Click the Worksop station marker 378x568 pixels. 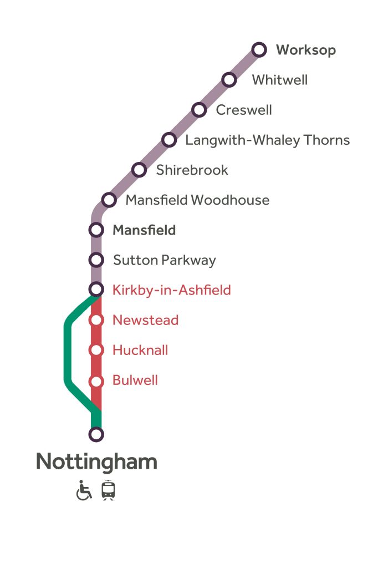coord(259,50)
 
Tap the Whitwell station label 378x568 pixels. coord(279,80)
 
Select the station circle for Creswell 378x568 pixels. coord(199,110)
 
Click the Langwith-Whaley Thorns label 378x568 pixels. coord(267,140)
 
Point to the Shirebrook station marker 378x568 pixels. coord(139,170)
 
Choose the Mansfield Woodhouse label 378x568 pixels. coord(197,200)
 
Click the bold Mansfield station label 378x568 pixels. coord(144,230)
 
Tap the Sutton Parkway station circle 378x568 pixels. coord(96,260)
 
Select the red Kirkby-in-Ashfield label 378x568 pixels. coord(171,290)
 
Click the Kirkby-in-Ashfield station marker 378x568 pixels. coord(96,290)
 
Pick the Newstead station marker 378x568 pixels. coord(96,320)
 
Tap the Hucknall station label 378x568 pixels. coord(140,350)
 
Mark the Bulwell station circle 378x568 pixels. coord(96,382)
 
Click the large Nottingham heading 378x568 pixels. coord(96,461)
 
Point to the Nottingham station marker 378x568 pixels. coord(96,434)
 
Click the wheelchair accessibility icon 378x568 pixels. coord(84,490)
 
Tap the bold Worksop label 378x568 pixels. coord(306,50)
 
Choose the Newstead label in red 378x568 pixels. coord(145,320)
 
